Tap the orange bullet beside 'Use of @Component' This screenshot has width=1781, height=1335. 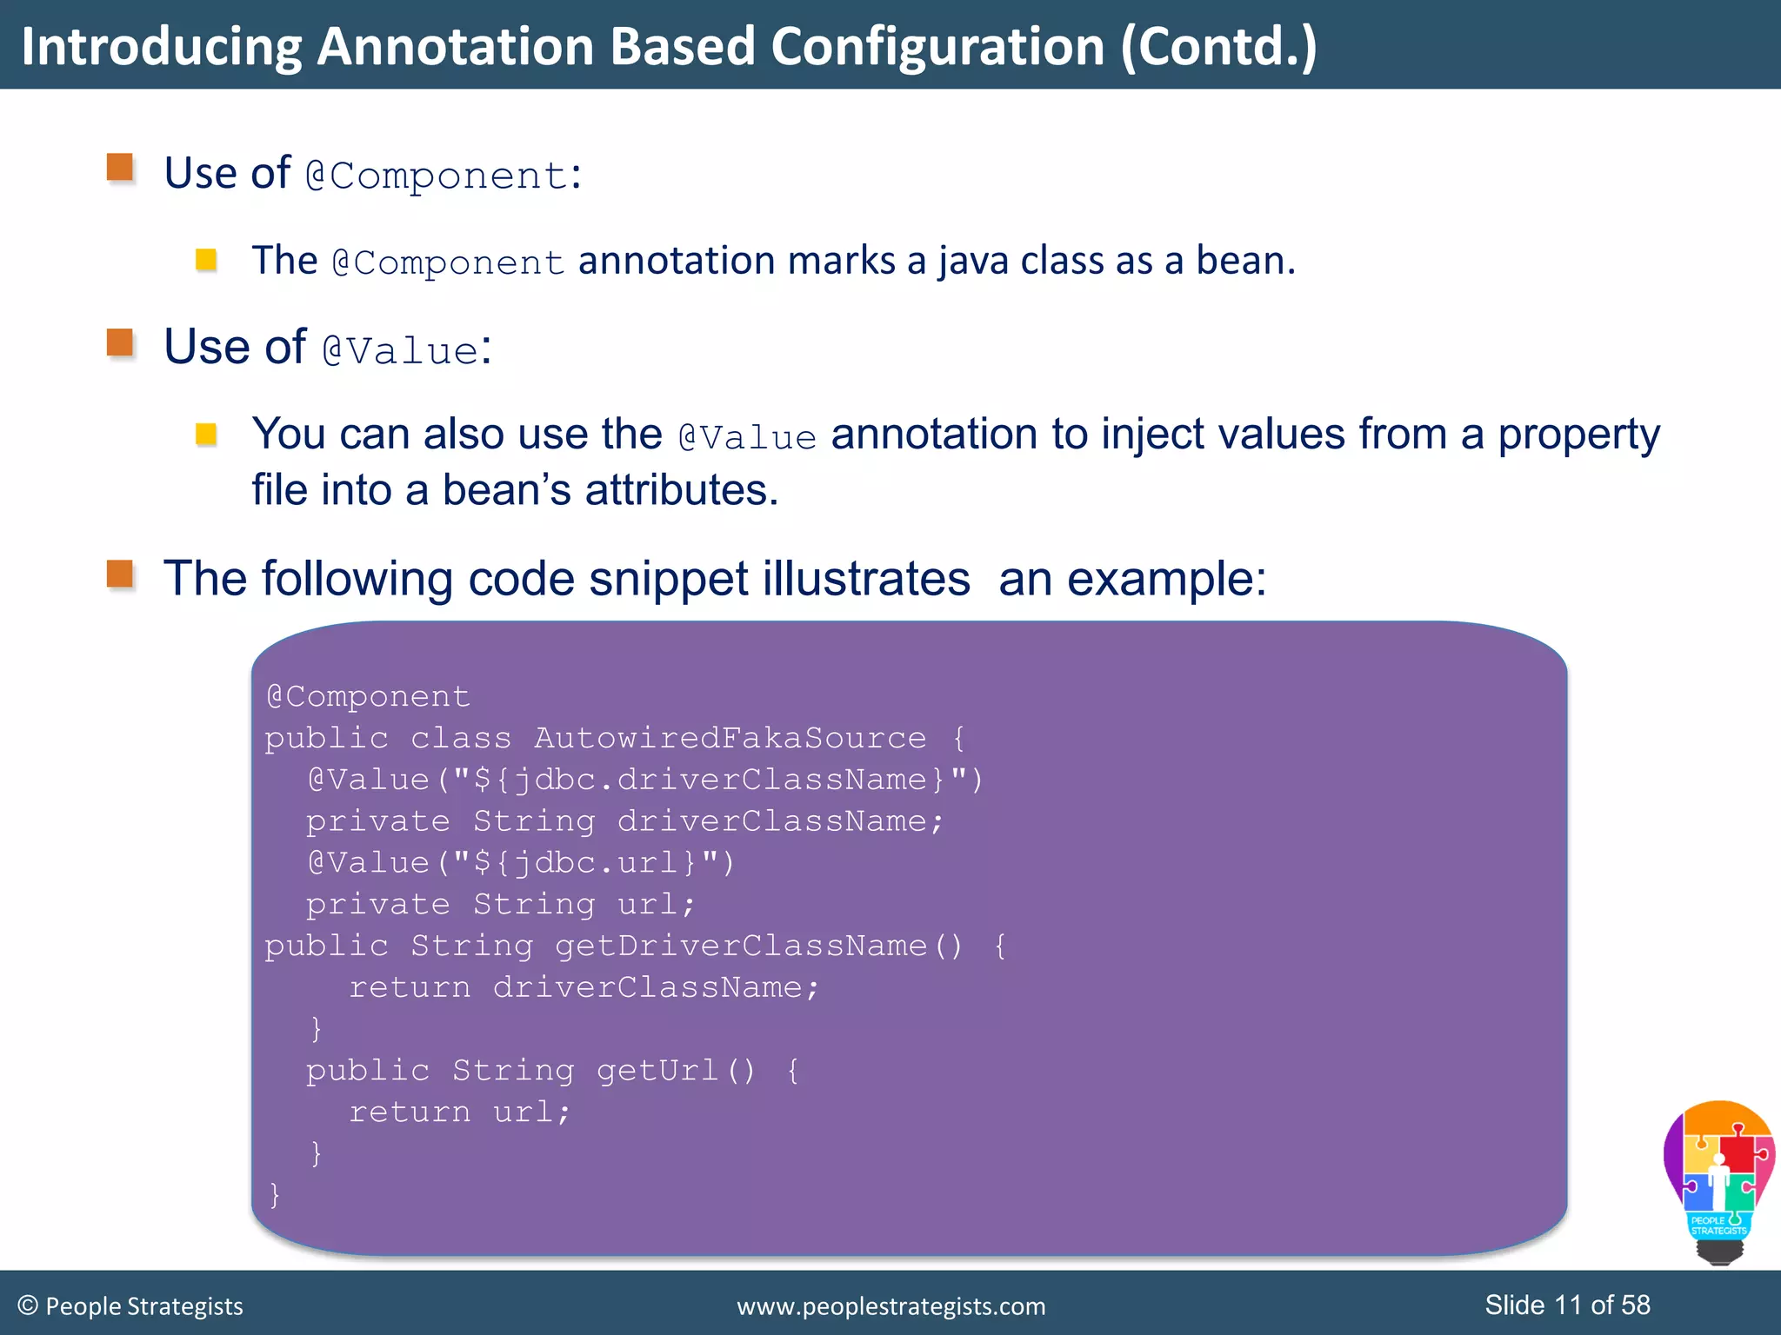[120, 167]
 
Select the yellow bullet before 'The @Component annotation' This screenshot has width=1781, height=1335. [206, 260]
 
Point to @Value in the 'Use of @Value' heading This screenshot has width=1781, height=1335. [400, 350]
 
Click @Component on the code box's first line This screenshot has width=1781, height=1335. [369, 696]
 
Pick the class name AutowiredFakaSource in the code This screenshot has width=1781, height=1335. [730, 738]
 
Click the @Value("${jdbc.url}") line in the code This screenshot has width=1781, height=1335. [521, 862]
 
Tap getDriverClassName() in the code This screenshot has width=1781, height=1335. [759, 946]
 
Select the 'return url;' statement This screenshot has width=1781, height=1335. [459, 1112]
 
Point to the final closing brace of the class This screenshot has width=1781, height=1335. [275, 1194]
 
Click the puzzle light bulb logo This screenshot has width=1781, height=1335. [1718, 1180]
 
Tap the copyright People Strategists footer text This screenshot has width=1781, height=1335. [130, 1305]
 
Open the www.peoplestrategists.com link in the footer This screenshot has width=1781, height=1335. [890, 1306]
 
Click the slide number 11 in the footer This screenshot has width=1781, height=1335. [1567, 1305]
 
